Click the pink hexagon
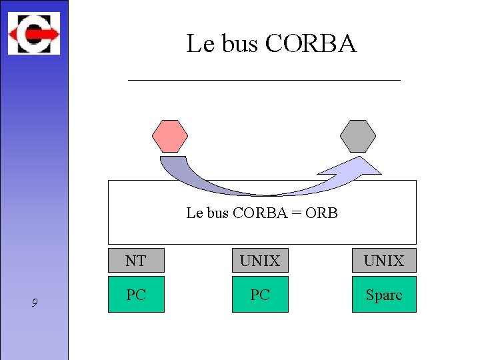[x=170, y=136]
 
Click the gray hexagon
[x=358, y=136]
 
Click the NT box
[x=136, y=261]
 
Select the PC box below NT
[x=136, y=295]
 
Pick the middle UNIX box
[x=260, y=261]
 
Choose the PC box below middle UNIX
[x=260, y=295]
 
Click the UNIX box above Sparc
[x=384, y=261]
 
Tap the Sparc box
[x=384, y=295]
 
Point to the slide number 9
[x=35, y=303]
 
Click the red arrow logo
[x=34, y=33]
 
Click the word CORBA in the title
[x=311, y=44]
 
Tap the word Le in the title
[x=199, y=44]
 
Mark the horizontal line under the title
[x=264, y=80]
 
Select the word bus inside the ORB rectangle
[x=217, y=213]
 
